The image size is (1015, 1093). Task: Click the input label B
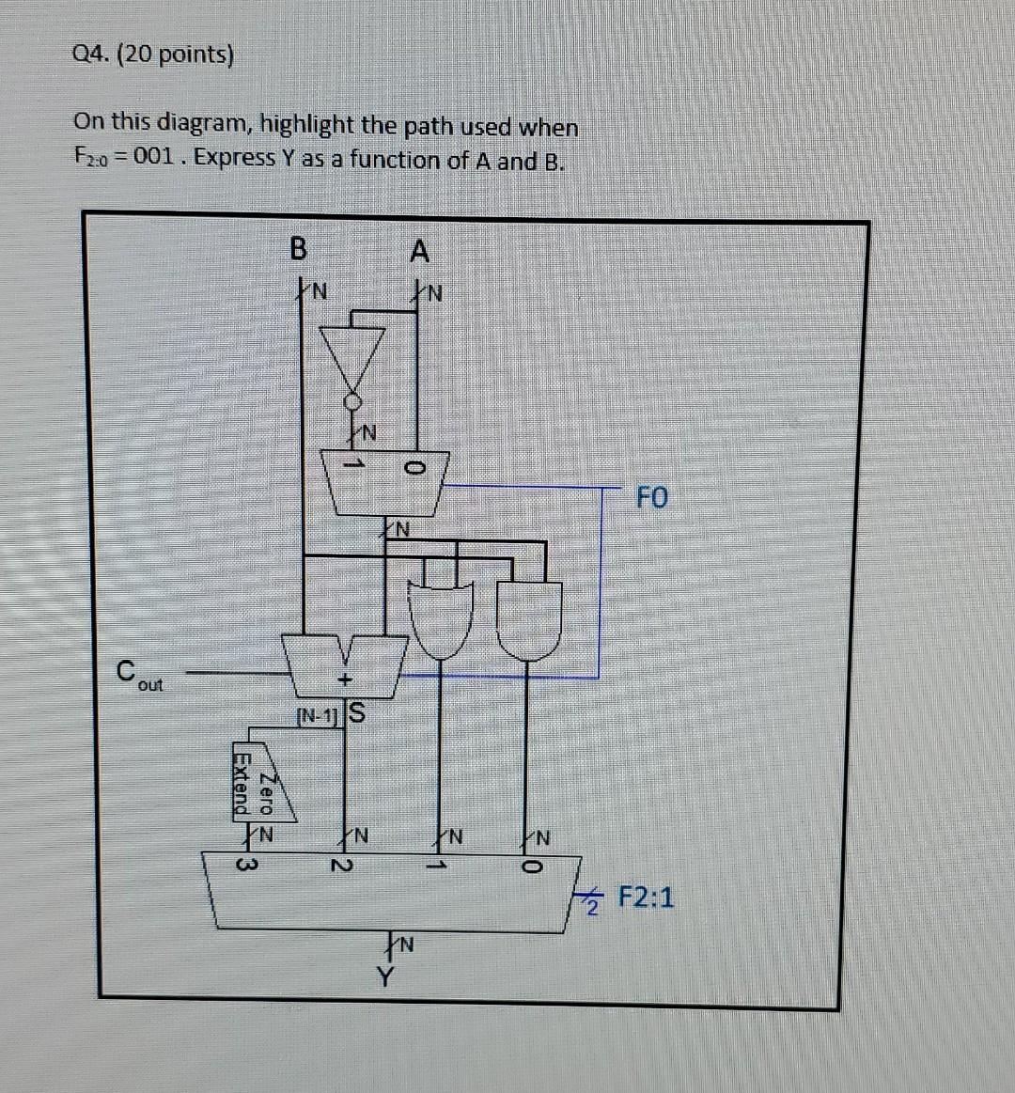(x=298, y=249)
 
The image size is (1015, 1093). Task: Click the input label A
(x=419, y=252)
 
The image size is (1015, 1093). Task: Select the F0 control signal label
(x=652, y=497)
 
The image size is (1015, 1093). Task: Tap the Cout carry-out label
(x=137, y=676)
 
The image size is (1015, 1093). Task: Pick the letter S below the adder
(x=356, y=714)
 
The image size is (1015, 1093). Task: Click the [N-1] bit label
(x=317, y=716)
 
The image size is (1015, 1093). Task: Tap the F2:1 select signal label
(x=646, y=898)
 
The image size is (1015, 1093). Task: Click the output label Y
(x=383, y=977)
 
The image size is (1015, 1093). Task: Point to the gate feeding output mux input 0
(x=529, y=619)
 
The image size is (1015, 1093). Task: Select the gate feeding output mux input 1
(x=440, y=619)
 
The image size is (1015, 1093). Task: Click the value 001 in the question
(x=153, y=158)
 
